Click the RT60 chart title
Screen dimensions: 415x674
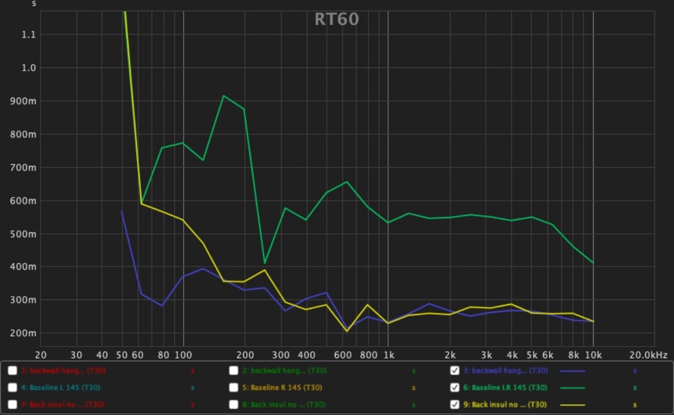pyautogui.click(x=336, y=19)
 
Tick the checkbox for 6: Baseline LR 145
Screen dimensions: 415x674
pyautogui.click(x=455, y=388)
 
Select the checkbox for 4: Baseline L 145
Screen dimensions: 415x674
pyautogui.click(x=12, y=388)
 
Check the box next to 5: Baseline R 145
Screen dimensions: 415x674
pyautogui.click(x=234, y=388)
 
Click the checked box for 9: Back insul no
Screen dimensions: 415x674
pyautogui.click(x=455, y=404)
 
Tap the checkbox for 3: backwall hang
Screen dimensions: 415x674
pyautogui.click(x=455, y=371)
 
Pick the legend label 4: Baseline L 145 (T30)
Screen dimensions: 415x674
pyautogui.click(x=62, y=388)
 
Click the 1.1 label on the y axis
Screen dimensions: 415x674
pyautogui.click(x=29, y=35)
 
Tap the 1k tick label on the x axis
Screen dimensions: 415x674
pyautogui.click(x=388, y=355)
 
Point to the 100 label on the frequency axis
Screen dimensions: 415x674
pyautogui.click(x=183, y=355)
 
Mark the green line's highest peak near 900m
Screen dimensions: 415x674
pyautogui.click(x=224, y=96)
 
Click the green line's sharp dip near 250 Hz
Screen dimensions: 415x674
pyautogui.click(x=265, y=263)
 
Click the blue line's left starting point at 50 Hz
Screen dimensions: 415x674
pyautogui.click(x=122, y=211)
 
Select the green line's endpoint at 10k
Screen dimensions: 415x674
pyautogui.click(x=593, y=263)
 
